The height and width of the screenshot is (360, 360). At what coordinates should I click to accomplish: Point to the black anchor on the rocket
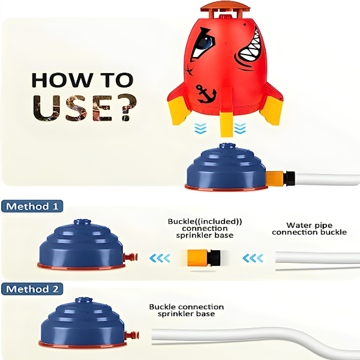[x=206, y=94]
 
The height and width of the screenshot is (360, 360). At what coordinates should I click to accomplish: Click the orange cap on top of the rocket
[x=225, y=9]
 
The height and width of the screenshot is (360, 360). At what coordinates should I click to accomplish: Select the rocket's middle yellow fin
[x=226, y=124]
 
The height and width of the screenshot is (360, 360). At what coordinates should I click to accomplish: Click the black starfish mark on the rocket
[x=190, y=70]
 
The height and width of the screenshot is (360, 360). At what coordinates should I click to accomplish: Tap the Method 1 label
[x=32, y=206]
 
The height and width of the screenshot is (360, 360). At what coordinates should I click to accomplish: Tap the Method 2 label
[x=32, y=289]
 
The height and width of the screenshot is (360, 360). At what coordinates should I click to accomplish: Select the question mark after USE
[x=126, y=107]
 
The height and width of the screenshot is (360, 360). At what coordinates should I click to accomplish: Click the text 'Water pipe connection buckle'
[x=309, y=229]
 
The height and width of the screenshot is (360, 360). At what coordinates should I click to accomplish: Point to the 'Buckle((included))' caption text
[x=205, y=221]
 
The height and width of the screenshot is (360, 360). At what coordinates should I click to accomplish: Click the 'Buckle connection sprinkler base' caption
[x=186, y=310]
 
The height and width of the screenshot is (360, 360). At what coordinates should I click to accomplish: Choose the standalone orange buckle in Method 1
[x=204, y=257]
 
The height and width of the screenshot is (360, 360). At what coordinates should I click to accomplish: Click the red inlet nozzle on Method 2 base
[x=132, y=335]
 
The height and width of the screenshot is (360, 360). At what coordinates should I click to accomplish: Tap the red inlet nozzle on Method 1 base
[x=130, y=257]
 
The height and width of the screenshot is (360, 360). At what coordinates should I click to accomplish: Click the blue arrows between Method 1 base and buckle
[x=160, y=258]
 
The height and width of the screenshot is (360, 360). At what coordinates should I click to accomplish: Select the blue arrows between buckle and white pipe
[x=253, y=258]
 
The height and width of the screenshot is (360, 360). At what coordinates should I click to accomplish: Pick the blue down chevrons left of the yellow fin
[x=200, y=128]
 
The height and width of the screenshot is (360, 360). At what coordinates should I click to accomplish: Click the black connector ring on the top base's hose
[x=289, y=178]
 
